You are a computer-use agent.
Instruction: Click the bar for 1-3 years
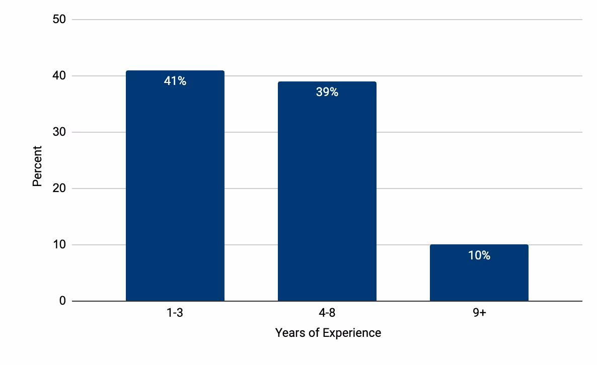[175, 191]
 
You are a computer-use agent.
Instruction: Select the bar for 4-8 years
[327, 196]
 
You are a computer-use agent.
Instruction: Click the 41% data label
[175, 81]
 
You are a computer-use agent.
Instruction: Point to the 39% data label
[327, 92]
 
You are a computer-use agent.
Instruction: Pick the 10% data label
[479, 255]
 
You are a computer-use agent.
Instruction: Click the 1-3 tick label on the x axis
[175, 313]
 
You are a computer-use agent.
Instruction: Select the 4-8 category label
[327, 313]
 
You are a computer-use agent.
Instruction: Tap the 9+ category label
[479, 313]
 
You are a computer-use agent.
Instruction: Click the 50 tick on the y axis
[59, 20]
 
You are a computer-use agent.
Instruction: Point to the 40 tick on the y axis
[59, 76]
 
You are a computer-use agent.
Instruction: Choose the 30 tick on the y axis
[59, 132]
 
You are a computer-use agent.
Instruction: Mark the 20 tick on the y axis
[59, 189]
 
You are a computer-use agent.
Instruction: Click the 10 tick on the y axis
[59, 245]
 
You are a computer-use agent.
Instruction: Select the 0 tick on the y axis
[62, 301]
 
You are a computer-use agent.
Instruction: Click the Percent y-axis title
[37, 166]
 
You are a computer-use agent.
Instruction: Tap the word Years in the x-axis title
[288, 333]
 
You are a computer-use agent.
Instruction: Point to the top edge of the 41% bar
[175, 71]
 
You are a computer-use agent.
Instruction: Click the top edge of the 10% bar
[479, 245]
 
